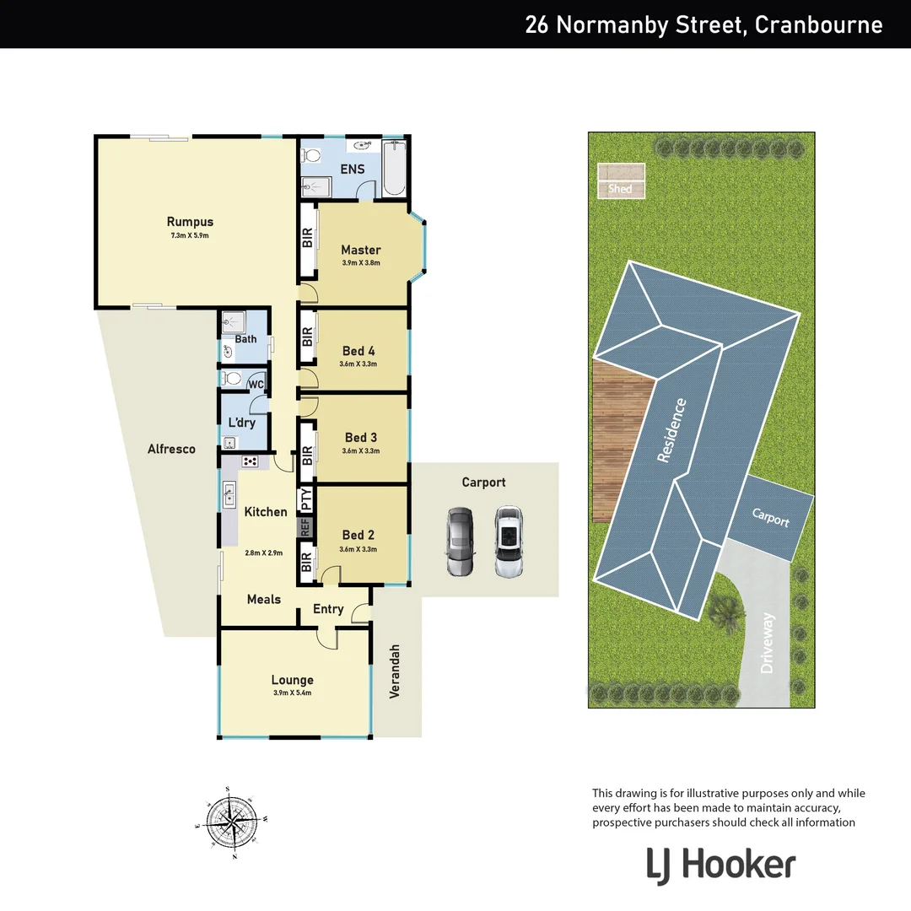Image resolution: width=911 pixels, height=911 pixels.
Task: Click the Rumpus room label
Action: coord(189,223)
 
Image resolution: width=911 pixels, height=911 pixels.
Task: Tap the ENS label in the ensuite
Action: coord(352,169)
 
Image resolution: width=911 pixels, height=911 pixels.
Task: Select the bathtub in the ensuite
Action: coord(393,168)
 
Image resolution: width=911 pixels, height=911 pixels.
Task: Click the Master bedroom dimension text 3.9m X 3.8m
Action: coord(361,263)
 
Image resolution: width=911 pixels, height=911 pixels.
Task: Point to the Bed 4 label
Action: coord(358,351)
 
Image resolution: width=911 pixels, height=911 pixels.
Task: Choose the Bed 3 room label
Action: coord(361,437)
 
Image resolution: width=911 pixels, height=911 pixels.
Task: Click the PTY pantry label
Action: coord(306,498)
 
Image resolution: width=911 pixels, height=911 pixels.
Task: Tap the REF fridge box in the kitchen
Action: coord(305,528)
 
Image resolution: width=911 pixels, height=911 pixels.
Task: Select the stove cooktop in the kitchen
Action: coord(251,461)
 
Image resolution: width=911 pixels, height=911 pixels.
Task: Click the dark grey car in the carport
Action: coord(461,542)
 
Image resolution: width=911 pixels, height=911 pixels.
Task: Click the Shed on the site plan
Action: coord(620,189)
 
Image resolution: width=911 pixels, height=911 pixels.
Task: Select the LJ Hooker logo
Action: coord(721,865)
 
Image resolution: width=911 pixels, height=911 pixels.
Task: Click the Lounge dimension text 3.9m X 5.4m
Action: coord(293,693)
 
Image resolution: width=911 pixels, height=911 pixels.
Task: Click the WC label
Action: coord(256,385)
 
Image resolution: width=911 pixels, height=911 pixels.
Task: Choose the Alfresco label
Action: coord(171,449)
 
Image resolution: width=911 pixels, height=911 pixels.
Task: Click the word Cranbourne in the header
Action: coord(818,24)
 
